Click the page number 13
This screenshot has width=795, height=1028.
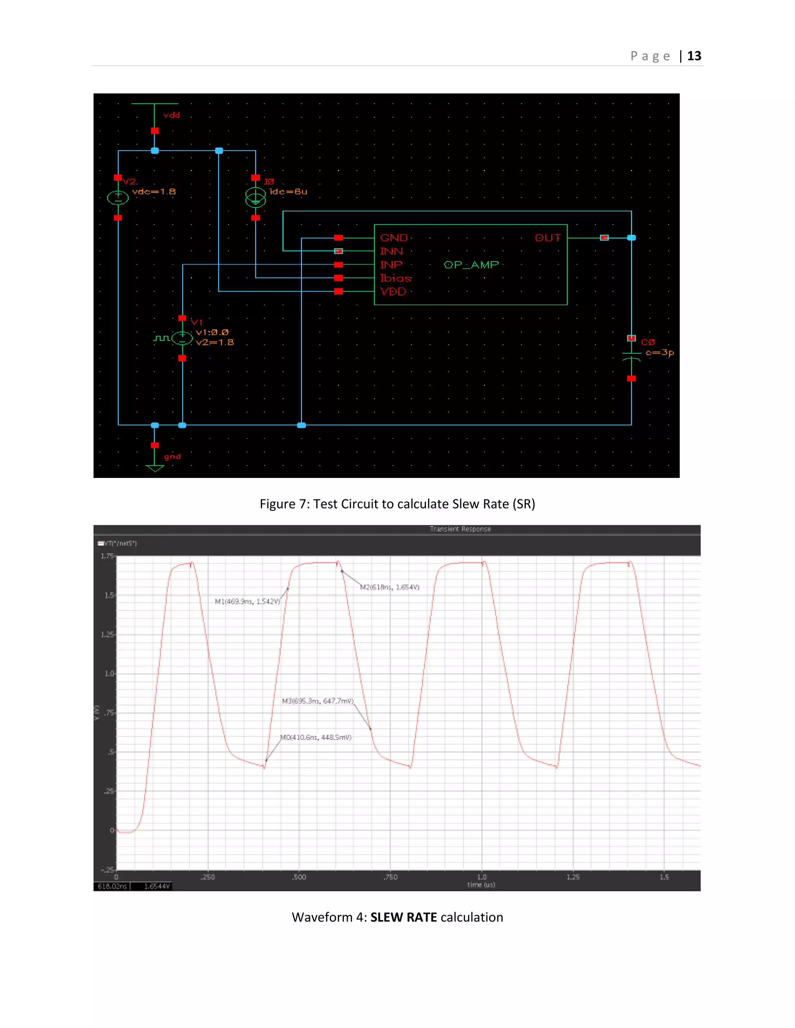coord(694,56)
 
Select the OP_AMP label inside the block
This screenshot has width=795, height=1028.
coord(471,265)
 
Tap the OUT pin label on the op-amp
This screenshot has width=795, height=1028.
coord(548,238)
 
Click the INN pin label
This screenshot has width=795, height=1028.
coord(391,251)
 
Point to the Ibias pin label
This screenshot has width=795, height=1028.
coord(396,278)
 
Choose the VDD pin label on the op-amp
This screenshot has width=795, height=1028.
coord(393,292)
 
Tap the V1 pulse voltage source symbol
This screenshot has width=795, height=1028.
coord(182,338)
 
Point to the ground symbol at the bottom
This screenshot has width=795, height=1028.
coord(154,467)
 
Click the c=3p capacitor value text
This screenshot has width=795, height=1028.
coord(660,353)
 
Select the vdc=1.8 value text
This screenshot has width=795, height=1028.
coord(154,192)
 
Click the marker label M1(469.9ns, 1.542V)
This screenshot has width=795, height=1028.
coord(247,602)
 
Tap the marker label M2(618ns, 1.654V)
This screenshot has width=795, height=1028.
coord(389,587)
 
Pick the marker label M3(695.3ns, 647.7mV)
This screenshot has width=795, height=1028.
coord(318,701)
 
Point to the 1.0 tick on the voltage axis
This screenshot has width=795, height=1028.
coord(109,673)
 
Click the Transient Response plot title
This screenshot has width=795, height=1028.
coord(460,529)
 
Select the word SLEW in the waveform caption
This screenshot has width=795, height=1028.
coord(386,917)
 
